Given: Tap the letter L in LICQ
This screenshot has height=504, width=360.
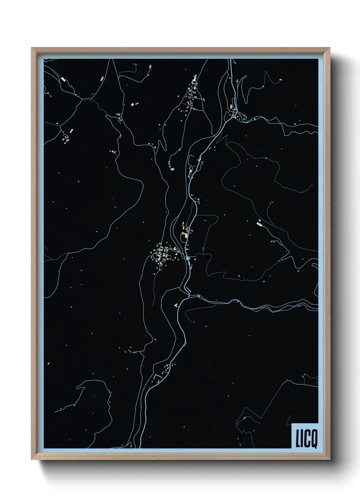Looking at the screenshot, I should (x=297, y=439).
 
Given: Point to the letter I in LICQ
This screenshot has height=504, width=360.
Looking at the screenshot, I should (x=301, y=439).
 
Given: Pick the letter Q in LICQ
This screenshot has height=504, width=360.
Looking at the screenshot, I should (x=313, y=440).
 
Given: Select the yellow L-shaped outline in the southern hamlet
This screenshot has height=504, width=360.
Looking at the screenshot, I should (x=157, y=377).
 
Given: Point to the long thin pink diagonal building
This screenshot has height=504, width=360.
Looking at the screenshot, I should (x=188, y=290).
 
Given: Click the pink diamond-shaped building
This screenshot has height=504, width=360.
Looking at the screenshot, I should (x=132, y=105).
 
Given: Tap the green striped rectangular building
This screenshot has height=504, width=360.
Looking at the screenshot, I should (x=172, y=169).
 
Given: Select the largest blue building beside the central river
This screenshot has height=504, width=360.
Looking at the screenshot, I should (x=188, y=258).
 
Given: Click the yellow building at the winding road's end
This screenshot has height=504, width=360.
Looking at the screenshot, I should (x=280, y=79).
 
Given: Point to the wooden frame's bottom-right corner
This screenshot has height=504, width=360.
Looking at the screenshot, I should (x=329, y=459).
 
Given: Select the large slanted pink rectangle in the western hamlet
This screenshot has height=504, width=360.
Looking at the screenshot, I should (x=71, y=130).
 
